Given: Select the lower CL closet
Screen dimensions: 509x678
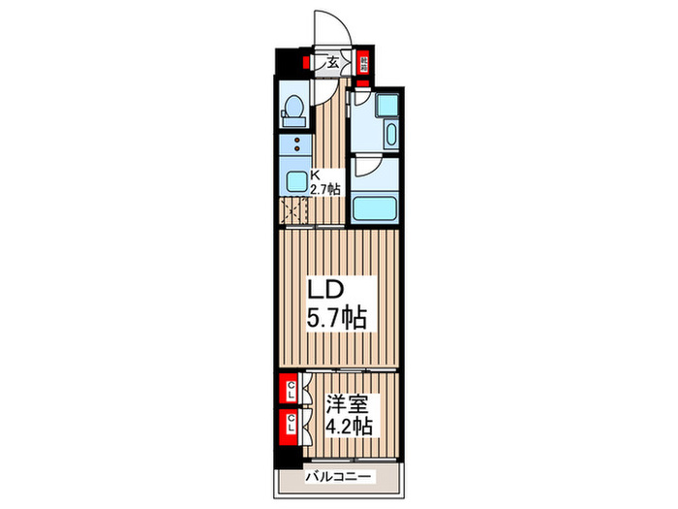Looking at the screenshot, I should pyautogui.click(x=289, y=423).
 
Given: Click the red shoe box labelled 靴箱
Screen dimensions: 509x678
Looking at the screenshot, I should pyautogui.click(x=363, y=64).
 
